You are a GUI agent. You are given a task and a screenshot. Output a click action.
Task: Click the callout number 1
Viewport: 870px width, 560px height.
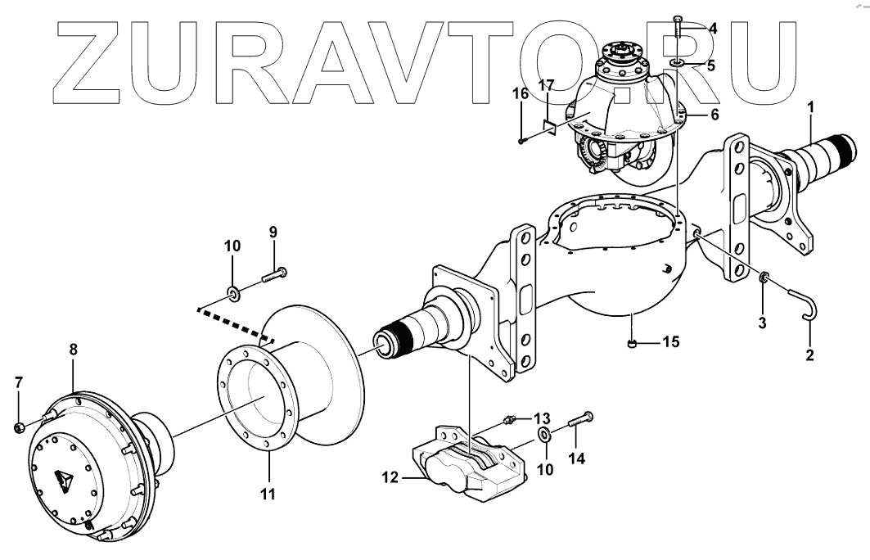tap(809, 106)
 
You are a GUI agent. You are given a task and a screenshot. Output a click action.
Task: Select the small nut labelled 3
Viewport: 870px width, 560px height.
tap(763, 278)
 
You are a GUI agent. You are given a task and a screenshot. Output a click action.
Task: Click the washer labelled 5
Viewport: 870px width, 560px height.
tap(678, 62)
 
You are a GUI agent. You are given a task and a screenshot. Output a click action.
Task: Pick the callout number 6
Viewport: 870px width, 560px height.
tap(714, 115)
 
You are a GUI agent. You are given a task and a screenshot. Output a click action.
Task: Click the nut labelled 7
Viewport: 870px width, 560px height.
tap(20, 427)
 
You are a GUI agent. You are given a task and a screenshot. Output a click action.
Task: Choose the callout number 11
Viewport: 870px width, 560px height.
tap(268, 494)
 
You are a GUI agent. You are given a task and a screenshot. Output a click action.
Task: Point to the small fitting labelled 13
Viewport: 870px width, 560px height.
tap(512, 421)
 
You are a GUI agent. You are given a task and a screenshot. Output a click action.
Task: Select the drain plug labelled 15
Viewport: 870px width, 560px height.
tap(633, 344)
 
